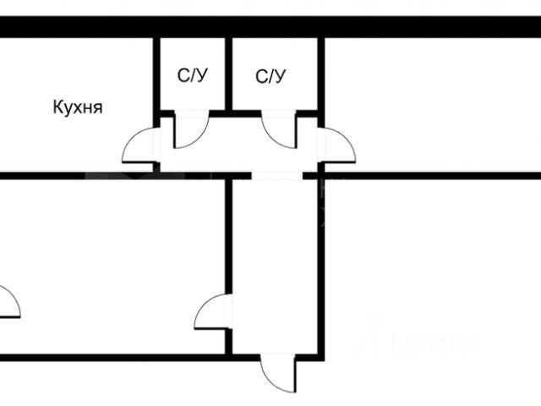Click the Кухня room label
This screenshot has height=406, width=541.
77,107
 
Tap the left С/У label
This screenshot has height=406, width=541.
193,76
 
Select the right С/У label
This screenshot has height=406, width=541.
270,76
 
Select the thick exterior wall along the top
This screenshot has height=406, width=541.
270,26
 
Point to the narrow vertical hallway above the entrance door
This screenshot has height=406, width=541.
274,262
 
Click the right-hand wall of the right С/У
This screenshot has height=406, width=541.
321,76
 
